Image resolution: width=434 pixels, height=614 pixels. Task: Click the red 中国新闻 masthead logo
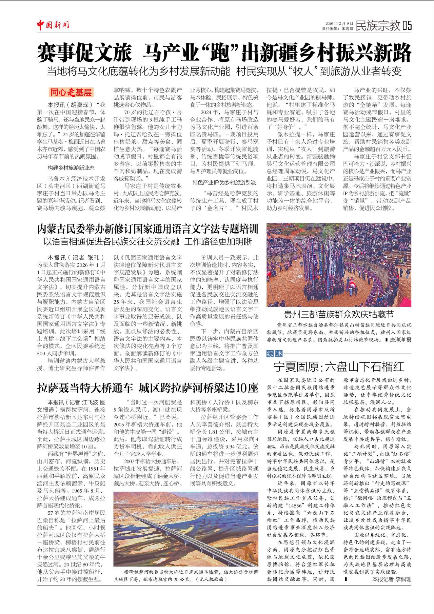coord(53,25)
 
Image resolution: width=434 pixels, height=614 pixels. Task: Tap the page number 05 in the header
coord(407,25)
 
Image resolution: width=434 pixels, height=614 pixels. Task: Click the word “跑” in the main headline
coord(221,53)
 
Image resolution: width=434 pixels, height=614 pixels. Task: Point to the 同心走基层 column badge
coord(71,92)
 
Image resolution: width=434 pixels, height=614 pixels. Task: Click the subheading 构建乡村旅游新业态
coord(71,167)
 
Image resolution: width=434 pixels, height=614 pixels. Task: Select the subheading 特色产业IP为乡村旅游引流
coord(224,182)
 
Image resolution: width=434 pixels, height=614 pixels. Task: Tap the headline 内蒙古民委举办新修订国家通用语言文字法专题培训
coord(148,229)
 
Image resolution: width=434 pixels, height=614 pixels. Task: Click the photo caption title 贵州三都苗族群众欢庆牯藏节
coord(339,314)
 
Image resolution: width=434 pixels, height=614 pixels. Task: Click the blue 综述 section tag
coord(275,354)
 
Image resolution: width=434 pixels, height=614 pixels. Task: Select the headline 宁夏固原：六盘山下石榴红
coord(339,367)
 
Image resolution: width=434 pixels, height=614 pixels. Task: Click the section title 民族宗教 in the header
coord(378,25)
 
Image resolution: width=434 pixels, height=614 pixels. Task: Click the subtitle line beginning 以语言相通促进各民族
coord(148,242)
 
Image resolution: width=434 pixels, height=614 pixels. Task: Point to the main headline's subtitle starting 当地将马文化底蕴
coord(224,72)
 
